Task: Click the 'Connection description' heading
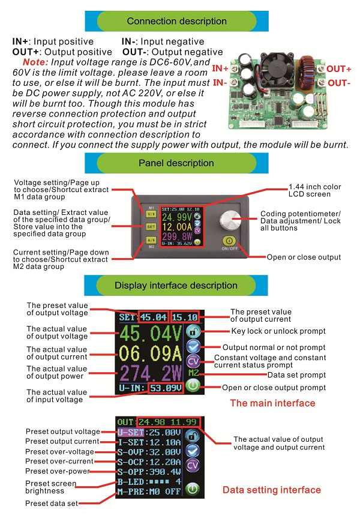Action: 176,21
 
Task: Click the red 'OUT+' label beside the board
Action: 339,70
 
